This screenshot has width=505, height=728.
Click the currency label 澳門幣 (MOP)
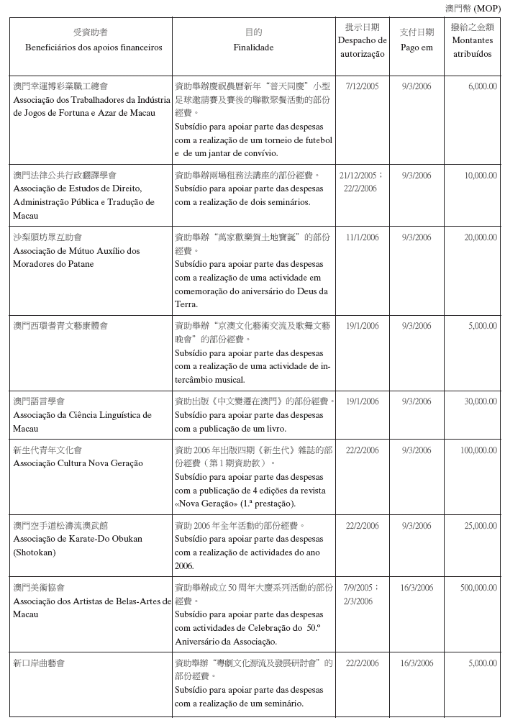tap(473, 8)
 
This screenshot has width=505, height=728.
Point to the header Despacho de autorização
tap(362, 47)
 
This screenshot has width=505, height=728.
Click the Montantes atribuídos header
tap(472, 47)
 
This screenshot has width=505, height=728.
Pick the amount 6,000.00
tap(482, 86)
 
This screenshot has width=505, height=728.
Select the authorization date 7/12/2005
tap(362, 86)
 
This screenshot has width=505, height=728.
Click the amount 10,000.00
tap(480, 176)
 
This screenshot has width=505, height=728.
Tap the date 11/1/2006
tap(362, 237)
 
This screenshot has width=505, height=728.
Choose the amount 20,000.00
tap(480, 237)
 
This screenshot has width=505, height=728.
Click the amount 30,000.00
tap(480, 401)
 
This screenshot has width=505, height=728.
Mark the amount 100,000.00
tap(478, 450)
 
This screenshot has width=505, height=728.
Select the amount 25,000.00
tap(480, 526)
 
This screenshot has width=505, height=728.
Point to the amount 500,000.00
tap(478, 588)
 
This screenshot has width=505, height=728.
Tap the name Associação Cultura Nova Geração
tap(78, 463)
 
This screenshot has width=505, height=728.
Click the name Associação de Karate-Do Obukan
tap(78, 539)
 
